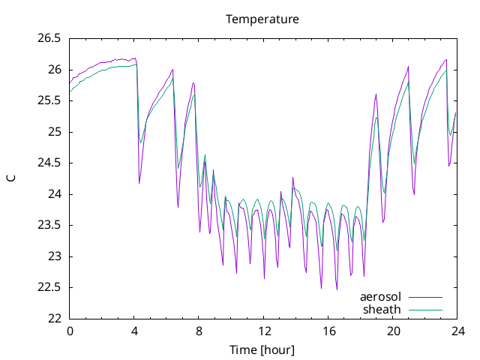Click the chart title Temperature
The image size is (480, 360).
tap(262, 19)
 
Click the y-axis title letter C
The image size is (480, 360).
tap(11, 178)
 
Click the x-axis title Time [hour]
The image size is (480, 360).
tap(262, 349)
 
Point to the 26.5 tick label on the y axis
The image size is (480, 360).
tap(49, 38)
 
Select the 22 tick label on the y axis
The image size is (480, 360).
tap(55, 319)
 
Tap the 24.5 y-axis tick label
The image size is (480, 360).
tap(49, 163)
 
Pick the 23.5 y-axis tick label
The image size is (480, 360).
tap(49, 225)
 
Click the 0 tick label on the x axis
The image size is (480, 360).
tap(70, 331)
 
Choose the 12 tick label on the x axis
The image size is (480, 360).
tap(264, 331)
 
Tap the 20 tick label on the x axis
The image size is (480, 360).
tap(393, 331)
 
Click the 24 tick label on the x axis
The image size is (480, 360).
tap(458, 331)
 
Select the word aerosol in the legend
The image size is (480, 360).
tap(380, 297)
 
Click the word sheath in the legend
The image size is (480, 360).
tap(382, 310)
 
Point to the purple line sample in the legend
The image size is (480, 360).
tap(425, 297)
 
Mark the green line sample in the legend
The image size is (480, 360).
tap(425, 310)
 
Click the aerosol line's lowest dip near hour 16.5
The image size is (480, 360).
tap(337, 289)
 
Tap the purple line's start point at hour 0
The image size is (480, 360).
tap(70, 83)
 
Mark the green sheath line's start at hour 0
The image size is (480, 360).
tap(70, 91)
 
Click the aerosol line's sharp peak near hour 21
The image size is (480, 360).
tap(408, 67)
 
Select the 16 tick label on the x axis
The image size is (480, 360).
tap(328, 331)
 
